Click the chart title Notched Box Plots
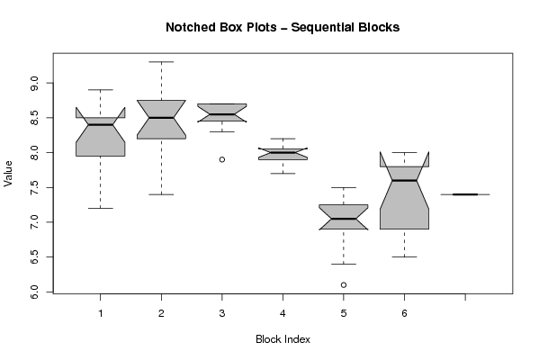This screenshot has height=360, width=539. pyautogui.click(x=221, y=27)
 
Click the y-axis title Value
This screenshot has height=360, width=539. pyautogui.click(x=8, y=174)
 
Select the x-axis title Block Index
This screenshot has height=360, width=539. pyautogui.click(x=283, y=339)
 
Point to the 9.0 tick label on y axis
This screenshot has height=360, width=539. pyautogui.click(x=34, y=83)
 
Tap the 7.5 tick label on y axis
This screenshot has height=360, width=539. pyautogui.click(x=34, y=187)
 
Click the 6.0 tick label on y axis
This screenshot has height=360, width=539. pyautogui.click(x=34, y=292)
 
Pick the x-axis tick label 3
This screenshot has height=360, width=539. pyautogui.click(x=222, y=313)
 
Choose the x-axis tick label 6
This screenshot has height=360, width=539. pyautogui.click(x=404, y=313)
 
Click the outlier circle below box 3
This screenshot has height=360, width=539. pyautogui.click(x=222, y=159)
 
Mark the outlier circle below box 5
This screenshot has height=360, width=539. pyautogui.click(x=344, y=284)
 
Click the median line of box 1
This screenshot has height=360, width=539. pyautogui.click(x=101, y=124)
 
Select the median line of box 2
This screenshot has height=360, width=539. pyautogui.click(x=161, y=118)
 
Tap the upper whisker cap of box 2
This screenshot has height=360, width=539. pyautogui.click(x=161, y=62)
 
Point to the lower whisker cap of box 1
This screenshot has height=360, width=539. pyautogui.click(x=101, y=208)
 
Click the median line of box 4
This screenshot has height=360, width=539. pyautogui.click(x=283, y=152)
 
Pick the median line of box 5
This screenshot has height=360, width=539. pyautogui.click(x=344, y=219)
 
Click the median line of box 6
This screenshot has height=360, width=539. pyautogui.click(x=404, y=180)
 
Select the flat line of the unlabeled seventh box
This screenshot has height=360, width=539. pyautogui.click(x=465, y=194)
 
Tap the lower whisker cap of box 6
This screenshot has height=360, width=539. pyautogui.click(x=404, y=256)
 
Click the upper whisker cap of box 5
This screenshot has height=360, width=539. pyautogui.click(x=344, y=187)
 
